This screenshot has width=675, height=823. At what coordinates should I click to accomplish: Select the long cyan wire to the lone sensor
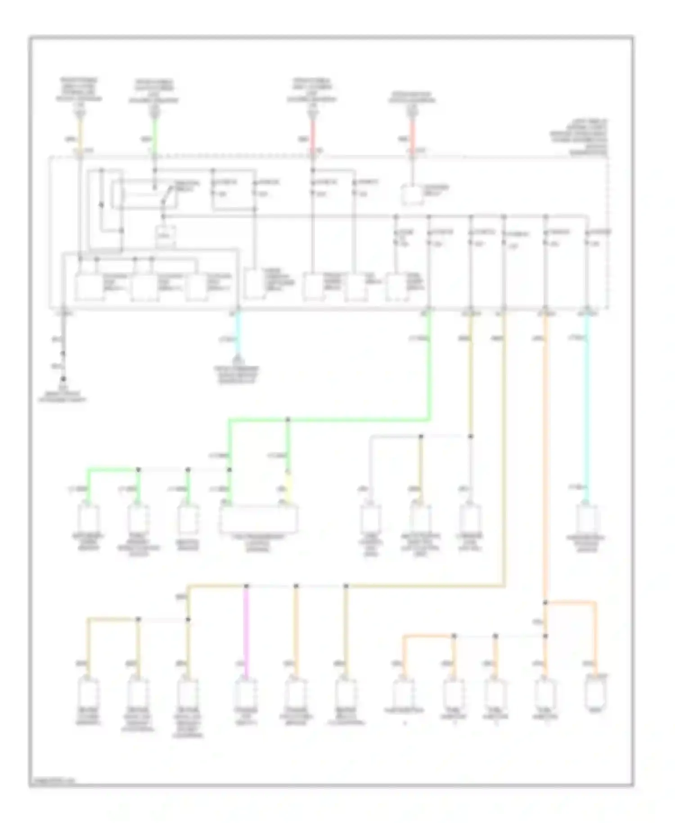pos(586,405)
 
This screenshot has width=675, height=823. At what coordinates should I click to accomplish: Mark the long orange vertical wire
pos(545,450)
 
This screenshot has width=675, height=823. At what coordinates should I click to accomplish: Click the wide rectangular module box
pos(258,519)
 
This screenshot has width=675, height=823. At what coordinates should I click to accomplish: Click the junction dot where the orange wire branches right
pos(545,602)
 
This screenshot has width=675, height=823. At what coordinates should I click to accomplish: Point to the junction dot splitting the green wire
pos(288,420)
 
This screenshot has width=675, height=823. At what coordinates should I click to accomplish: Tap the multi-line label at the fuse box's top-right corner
pos(580,137)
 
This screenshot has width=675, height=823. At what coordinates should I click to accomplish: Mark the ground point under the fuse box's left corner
pos(63,379)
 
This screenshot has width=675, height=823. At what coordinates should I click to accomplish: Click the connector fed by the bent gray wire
pos(370,519)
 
